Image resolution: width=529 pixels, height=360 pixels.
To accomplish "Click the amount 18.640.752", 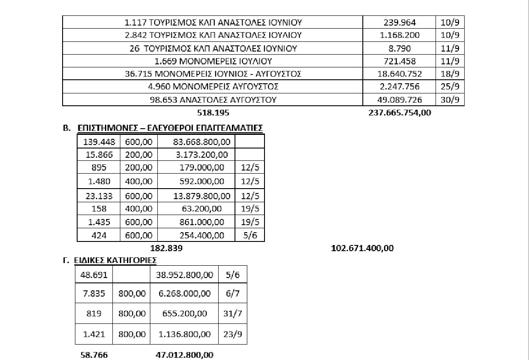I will [x=400, y=74].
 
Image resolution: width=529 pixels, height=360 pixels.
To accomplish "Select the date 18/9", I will [x=450, y=74].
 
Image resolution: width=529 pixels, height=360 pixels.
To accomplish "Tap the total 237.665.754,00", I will [x=400, y=113].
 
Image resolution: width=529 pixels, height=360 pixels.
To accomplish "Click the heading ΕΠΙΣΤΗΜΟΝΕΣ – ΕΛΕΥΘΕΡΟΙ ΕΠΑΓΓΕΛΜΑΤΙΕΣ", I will [x=170, y=128].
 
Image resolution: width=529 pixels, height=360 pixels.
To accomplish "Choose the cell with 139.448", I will [x=99, y=141].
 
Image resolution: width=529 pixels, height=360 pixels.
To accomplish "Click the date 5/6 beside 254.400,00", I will [x=250, y=235].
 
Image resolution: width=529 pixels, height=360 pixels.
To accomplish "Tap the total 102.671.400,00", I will [x=362, y=248].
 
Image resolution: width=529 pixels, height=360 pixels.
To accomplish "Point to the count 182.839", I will [x=167, y=248].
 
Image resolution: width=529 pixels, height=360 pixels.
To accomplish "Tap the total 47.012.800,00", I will [x=185, y=355].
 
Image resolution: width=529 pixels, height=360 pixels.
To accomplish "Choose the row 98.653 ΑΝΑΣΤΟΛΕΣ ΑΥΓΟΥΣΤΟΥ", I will [x=213, y=100].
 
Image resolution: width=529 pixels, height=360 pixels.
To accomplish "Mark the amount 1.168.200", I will [x=400, y=35].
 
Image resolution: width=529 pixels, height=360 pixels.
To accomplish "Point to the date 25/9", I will [x=450, y=86].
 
